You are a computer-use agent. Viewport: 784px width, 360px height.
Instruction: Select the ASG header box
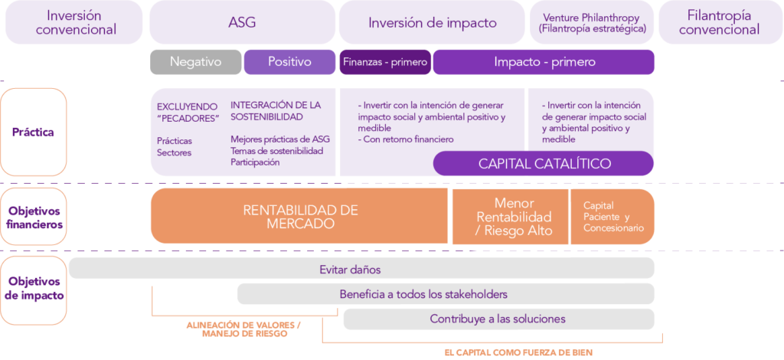[x=242, y=22]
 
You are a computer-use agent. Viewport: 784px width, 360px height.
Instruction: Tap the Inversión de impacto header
[x=432, y=22]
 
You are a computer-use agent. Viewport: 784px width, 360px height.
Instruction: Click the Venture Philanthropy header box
[x=592, y=22]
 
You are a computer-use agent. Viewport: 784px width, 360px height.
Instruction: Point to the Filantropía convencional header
[x=719, y=22]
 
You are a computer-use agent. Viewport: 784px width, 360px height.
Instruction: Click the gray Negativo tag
[x=195, y=62]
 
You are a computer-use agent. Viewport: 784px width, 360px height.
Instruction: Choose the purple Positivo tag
[x=289, y=62]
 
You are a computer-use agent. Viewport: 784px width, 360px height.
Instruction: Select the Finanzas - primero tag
[x=385, y=62]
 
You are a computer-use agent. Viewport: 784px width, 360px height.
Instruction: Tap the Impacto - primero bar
[x=544, y=62]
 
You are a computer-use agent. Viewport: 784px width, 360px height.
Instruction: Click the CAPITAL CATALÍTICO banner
[x=544, y=163]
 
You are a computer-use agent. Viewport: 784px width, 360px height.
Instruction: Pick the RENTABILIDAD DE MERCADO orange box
[x=300, y=217]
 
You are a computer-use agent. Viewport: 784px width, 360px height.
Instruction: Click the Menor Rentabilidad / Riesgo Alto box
[x=510, y=217]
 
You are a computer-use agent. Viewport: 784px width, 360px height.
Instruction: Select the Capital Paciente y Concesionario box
[x=612, y=217]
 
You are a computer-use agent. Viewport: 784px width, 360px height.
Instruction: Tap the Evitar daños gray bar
[x=361, y=269]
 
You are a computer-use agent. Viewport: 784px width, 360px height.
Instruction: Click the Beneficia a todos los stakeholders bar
[x=446, y=294]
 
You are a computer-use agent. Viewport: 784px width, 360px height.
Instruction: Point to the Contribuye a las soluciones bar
[x=498, y=319]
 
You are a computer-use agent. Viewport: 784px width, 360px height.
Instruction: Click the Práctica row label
[x=33, y=132]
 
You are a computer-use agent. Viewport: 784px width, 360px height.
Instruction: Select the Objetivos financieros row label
[x=33, y=218]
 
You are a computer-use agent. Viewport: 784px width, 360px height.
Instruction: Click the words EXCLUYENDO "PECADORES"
[x=188, y=112]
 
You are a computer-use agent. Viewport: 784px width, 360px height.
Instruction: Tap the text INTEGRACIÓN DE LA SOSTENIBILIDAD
[x=276, y=110]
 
